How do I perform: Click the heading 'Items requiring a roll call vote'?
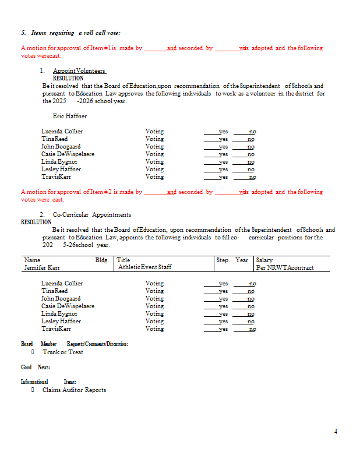click(75, 33)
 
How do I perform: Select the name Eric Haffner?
click(69, 116)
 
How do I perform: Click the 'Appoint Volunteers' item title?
click(79, 71)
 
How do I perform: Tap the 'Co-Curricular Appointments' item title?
click(92, 215)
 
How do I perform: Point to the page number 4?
click(336, 432)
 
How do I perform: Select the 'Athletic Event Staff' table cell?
click(144, 267)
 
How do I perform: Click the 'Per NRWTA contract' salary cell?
click(285, 267)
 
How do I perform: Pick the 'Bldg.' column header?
click(102, 260)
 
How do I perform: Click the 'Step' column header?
click(223, 260)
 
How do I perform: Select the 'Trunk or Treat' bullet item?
click(62, 352)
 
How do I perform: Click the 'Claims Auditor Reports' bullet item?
click(74, 390)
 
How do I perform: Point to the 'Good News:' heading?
click(36, 367)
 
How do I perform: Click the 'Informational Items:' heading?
click(48, 382)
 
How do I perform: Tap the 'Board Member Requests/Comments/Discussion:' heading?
click(75, 344)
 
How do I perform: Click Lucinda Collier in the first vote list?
click(62, 132)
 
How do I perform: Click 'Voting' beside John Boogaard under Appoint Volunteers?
click(154, 147)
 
